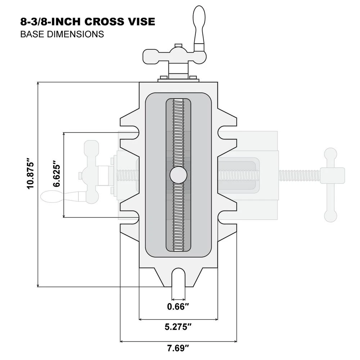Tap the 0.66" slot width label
[x=178, y=307]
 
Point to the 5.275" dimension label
[x=178, y=327]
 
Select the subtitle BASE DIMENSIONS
[x=62, y=34]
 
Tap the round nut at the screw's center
[x=178, y=175]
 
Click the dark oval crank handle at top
[x=199, y=25]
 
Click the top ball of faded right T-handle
[x=330, y=154]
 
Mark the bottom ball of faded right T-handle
[x=330, y=215]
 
